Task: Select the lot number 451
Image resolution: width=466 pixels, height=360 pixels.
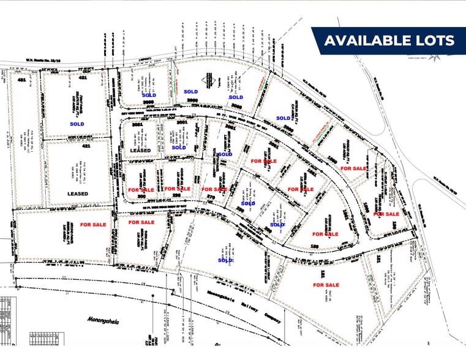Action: click(22, 80)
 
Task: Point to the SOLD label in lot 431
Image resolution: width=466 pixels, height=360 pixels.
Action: click(77, 124)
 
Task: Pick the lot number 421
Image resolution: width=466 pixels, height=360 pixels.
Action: click(86, 148)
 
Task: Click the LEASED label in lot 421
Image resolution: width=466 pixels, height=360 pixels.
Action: click(78, 193)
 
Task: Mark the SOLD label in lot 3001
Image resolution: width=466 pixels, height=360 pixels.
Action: click(179, 148)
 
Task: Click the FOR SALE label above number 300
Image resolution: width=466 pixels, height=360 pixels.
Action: click(141, 190)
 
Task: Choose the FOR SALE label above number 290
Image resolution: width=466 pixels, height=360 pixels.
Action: click(178, 189)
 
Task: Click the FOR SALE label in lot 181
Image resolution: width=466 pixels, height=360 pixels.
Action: click(326, 285)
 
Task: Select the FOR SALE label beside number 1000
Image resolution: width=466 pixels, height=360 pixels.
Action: click(353, 168)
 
